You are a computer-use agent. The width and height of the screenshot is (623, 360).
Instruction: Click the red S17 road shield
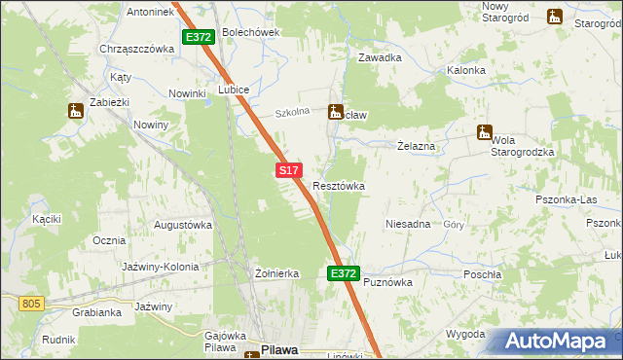287,170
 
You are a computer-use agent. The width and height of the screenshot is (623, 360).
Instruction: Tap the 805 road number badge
31,305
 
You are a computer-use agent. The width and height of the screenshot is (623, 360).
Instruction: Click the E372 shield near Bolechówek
198,37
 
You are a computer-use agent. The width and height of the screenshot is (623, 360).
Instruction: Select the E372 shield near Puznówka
343,274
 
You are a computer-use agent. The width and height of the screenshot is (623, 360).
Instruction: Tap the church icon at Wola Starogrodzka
484,132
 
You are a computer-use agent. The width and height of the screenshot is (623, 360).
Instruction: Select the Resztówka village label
339,186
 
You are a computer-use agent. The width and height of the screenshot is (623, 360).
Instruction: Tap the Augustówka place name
183,225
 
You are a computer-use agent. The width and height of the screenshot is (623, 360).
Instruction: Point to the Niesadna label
408,224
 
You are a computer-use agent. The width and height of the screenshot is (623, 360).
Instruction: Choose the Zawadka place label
380,57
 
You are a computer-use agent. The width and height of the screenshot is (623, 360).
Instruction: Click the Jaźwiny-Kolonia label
161,267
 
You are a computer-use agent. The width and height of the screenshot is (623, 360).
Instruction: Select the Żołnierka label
275,274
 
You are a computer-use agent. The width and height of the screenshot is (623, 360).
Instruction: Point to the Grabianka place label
96,313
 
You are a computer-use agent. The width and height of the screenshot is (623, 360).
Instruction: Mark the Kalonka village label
466,71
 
